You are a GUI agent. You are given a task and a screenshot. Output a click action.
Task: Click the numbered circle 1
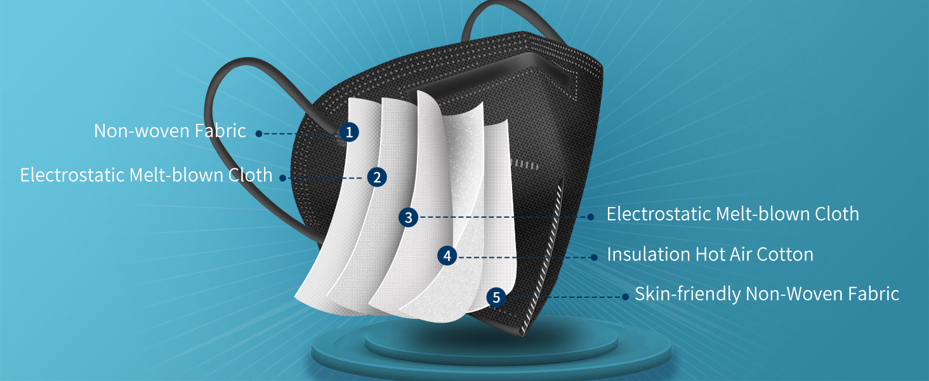[348, 132]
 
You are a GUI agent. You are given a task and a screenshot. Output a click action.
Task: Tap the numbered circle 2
[377, 177]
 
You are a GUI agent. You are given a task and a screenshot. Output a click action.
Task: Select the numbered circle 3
[409, 217]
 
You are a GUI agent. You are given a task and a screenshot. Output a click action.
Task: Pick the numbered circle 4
[447, 256]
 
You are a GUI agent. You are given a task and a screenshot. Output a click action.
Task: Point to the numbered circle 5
[496, 297]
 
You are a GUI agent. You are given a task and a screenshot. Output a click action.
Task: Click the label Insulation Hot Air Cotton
[710, 255]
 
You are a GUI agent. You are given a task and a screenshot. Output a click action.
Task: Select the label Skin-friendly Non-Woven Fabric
[767, 294]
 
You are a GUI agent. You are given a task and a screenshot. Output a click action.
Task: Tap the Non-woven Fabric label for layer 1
[169, 131]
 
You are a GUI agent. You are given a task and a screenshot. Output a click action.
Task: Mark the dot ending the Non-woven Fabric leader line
[259, 133]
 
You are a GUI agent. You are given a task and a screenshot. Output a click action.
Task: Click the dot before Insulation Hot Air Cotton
[594, 257]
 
